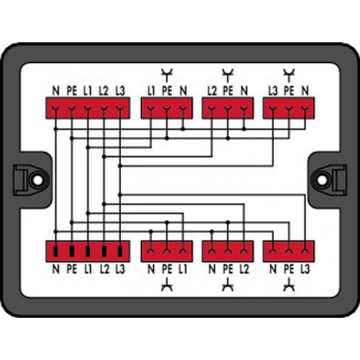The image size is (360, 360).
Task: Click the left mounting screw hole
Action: click(x=37, y=180)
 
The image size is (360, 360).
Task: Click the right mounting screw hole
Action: click(x=323, y=180)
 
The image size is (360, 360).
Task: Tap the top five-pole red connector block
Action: click(x=88, y=108)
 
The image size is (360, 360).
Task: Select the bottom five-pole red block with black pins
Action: click(x=88, y=252)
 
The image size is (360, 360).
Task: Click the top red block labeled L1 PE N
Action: click(x=166, y=108)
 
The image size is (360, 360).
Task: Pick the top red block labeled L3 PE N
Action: click(x=289, y=108)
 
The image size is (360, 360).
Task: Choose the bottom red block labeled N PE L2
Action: click(x=228, y=252)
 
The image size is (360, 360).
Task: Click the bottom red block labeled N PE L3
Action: click(x=289, y=252)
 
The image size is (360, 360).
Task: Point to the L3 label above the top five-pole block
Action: click(x=120, y=91)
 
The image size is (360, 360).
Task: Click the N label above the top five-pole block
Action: click(x=56, y=91)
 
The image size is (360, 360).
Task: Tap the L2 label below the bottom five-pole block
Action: click(x=104, y=269)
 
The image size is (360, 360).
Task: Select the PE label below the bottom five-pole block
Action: click(x=72, y=269)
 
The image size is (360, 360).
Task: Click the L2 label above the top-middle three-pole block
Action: click(x=212, y=91)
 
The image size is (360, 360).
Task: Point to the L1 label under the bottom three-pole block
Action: click(x=182, y=269)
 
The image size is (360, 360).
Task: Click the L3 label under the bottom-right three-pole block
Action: click(x=305, y=269)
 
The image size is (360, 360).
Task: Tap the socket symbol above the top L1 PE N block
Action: click(x=166, y=75)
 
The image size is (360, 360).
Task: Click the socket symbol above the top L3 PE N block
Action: click(x=289, y=75)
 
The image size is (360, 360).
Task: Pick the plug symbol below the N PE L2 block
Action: click(x=228, y=284)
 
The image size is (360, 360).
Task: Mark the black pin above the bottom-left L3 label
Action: click(x=120, y=252)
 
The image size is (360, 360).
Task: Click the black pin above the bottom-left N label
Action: click(x=56, y=252)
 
